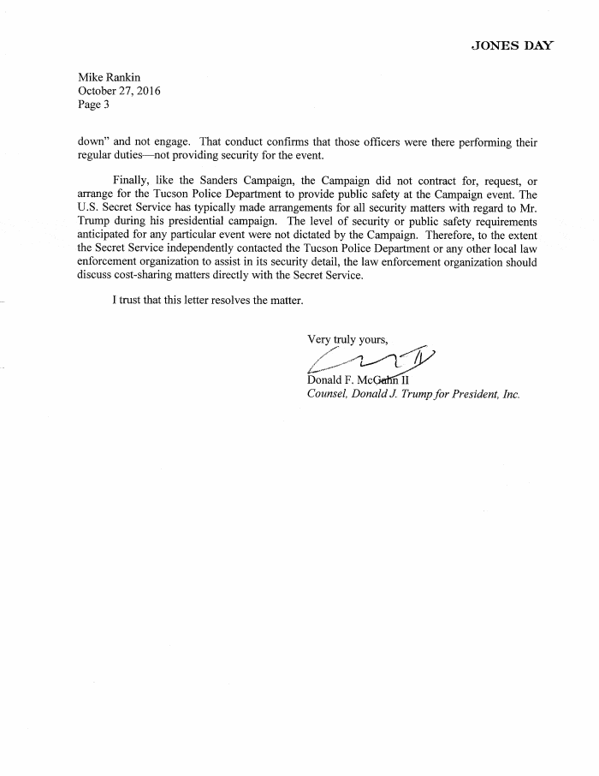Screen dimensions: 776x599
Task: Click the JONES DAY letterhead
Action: [512, 45]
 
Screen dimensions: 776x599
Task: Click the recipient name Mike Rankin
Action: [110, 78]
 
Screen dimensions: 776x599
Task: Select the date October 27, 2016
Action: [120, 92]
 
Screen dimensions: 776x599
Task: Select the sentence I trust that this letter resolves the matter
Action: [208, 301]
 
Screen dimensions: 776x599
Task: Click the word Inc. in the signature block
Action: [509, 395]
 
